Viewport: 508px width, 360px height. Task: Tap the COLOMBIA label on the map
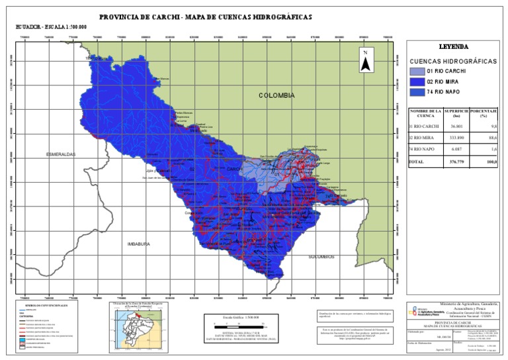point(276,95)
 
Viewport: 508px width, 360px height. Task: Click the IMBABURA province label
point(139,244)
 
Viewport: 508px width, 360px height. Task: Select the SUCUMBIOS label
point(321,257)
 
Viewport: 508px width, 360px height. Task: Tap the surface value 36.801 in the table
point(453,126)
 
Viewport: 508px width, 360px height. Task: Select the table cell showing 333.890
point(453,138)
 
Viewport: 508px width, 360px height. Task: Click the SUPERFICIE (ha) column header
point(456,113)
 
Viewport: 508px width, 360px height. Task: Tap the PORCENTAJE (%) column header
point(484,113)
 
